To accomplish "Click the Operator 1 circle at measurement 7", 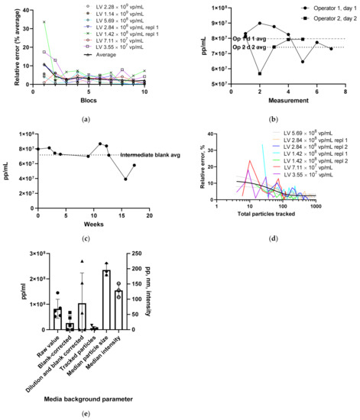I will tap(331, 49).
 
